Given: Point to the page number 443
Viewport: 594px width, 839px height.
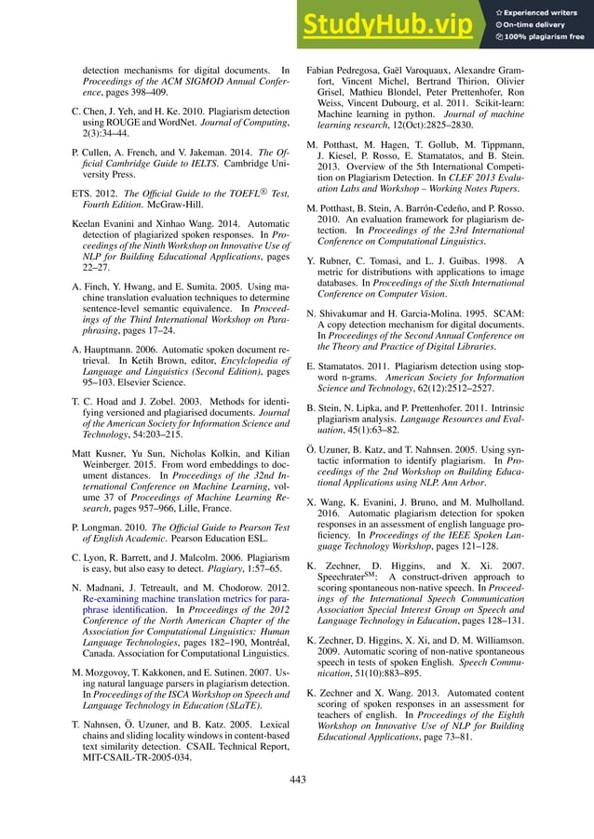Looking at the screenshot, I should [x=297, y=779].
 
